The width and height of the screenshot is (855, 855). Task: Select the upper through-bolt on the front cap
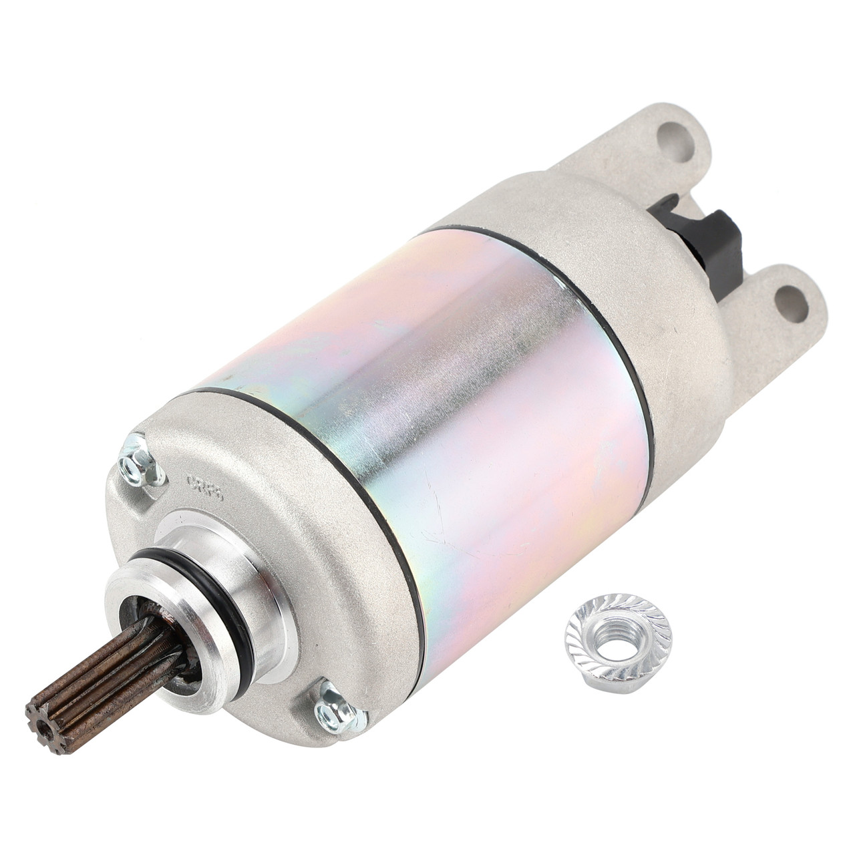point(141,462)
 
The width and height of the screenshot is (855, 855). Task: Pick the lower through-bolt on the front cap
point(338,711)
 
